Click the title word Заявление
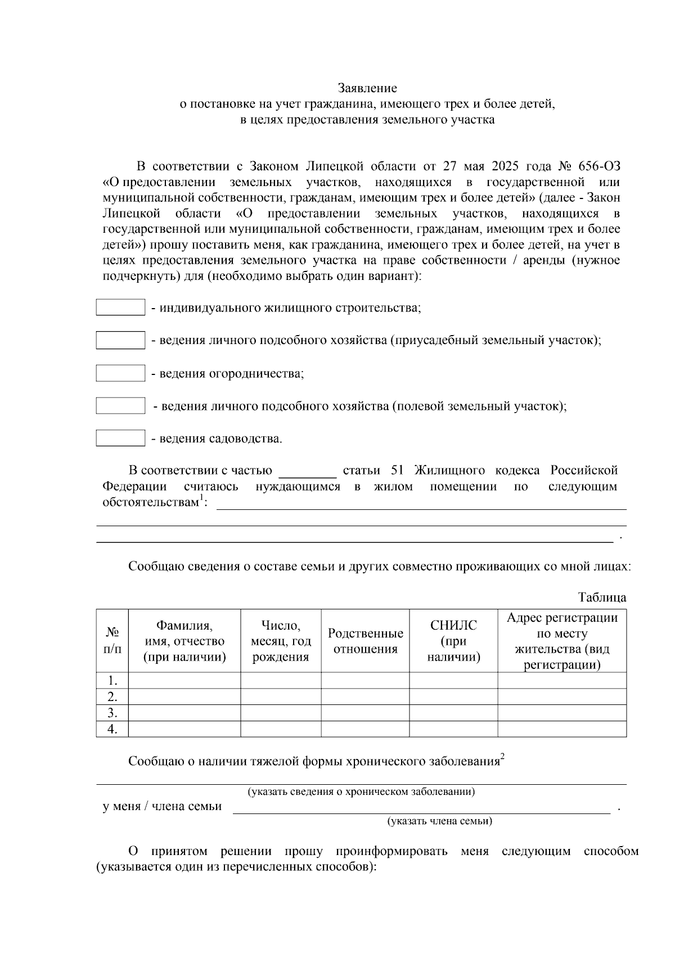(367, 88)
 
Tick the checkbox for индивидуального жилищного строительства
(120, 308)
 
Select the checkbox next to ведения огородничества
(120, 373)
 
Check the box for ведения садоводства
(120, 438)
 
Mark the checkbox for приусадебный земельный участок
(120, 340)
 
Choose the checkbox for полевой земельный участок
(120, 406)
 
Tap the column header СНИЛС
(453, 626)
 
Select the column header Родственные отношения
(365, 641)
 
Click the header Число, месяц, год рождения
(281, 641)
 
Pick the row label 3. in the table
(112, 713)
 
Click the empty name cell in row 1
(184, 680)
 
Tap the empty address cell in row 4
(561, 729)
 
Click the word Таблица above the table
(601, 597)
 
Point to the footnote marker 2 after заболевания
(502, 757)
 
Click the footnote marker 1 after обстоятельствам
(201, 498)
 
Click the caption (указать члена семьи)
(439, 821)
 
